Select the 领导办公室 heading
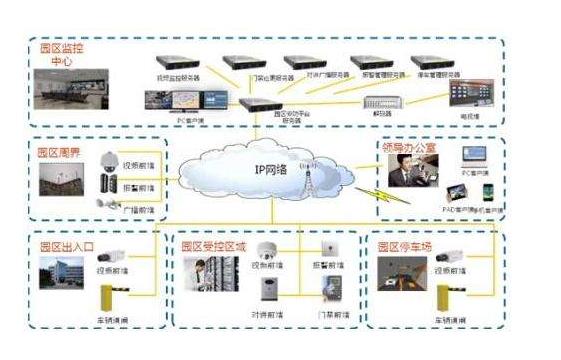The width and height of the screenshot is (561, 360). pos(411,147)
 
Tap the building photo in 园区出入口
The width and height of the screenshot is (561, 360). pos(61,274)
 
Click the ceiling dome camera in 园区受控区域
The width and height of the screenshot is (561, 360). pos(265,252)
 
